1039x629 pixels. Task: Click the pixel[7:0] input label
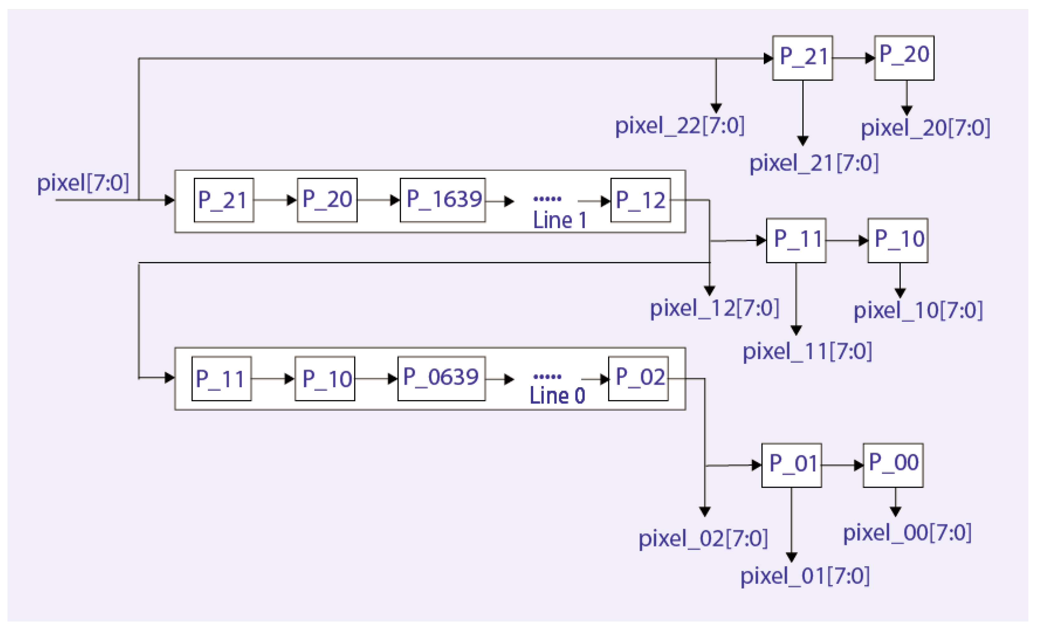pyautogui.click(x=83, y=183)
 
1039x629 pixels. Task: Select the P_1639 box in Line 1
pyautogui.click(x=443, y=200)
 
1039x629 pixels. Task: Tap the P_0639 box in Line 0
pyautogui.click(x=441, y=378)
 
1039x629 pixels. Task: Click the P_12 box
pyautogui.click(x=641, y=200)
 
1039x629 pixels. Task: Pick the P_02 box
pyautogui.click(x=638, y=378)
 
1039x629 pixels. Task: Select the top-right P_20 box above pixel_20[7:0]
pyautogui.click(x=904, y=58)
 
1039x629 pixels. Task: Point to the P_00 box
pyautogui.click(x=893, y=465)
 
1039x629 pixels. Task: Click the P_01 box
pyautogui.click(x=792, y=465)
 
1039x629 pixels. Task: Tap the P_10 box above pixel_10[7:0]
pyautogui.click(x=898, y=240)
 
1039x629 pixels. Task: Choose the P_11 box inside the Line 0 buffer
pyautogui.click(x=222, y=378)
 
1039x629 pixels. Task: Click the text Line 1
pyautogui.click(x=559, y=220)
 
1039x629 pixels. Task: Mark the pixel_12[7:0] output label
pyautogui.click(x=714, y=308)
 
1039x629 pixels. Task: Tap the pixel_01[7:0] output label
pyautogui.click(x=805, y=576)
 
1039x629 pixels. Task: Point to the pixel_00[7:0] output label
pyautogui.click(x=907, y=533)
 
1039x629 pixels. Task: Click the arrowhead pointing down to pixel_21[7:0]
pyautogui.click(x=803, y=141)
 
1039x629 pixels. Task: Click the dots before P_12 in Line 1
pyautogui.click(x=547, y=198)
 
